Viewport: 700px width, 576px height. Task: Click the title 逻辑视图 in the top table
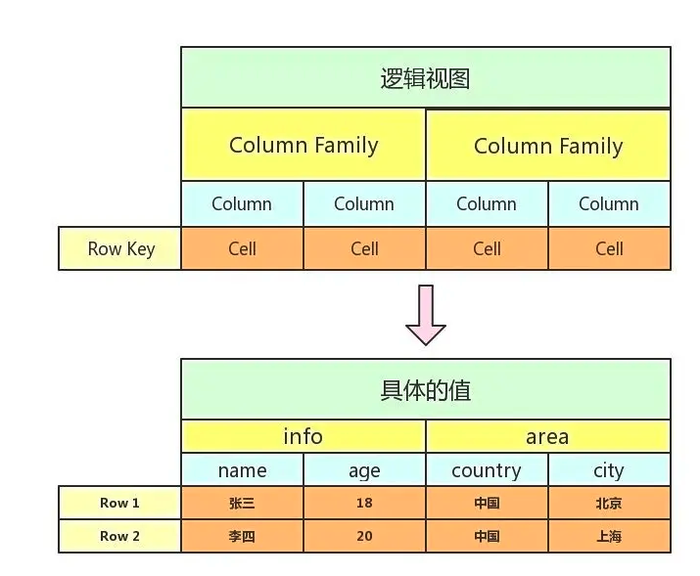[x=425, y=78]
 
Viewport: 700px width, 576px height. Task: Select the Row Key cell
[x=120, y=248]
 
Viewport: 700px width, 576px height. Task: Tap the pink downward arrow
[x=426, y=315]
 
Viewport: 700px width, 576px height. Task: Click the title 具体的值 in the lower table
[x=425, y=390]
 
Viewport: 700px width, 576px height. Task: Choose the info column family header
[x=303, y=436]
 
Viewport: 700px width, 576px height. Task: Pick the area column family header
[x=547, y=436]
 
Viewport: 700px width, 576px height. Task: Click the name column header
[x=242, y=470]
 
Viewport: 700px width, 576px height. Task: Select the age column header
[x=364, y=470]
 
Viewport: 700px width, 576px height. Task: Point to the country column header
[x=487, y=470]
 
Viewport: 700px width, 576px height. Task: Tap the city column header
[x=608, y=470]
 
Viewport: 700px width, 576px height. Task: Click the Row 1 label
[x=119, y=503]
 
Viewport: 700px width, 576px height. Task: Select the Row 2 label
[x=119, y=536]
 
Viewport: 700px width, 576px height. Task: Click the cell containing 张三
[x=242, y=504]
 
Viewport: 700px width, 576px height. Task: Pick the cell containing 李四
[x=242, y=537]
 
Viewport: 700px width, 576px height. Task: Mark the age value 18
[x=364, y=504]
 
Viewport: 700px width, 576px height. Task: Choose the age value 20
[x=364, y=537]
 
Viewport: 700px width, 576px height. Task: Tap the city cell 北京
[x=608, y=504]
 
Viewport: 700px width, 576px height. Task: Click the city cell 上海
[x=608, y=537]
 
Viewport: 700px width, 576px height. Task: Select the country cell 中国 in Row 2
[x=487, y=537]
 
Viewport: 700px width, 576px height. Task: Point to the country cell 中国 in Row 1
[x=487, y=504]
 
